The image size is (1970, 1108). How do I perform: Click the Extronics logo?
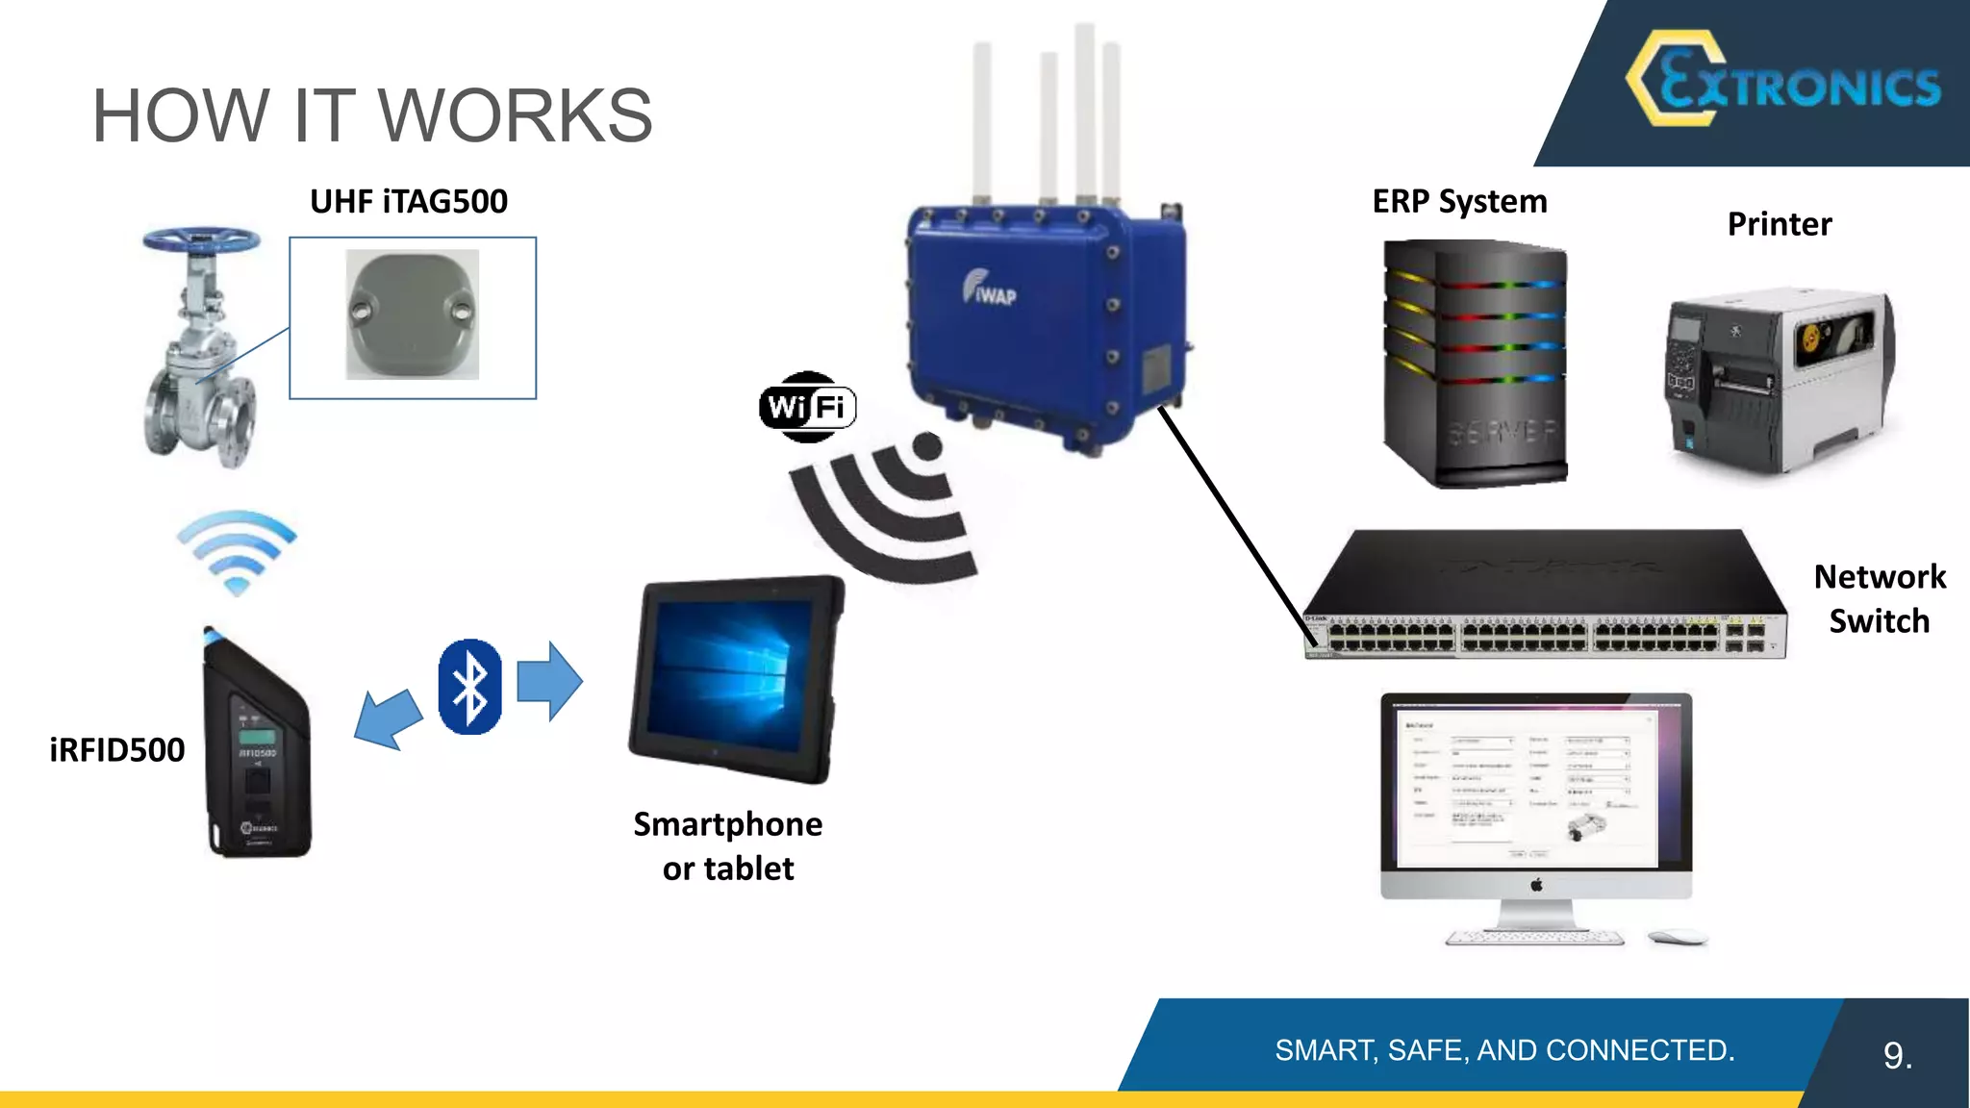[x=1785, y=81]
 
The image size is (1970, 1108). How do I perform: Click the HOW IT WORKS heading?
[x=372, y=115]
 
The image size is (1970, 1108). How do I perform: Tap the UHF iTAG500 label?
[x=408, y=201]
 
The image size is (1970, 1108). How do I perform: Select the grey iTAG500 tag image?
[x=412, y=315]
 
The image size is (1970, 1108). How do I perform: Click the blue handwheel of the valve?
[x=201, y=239]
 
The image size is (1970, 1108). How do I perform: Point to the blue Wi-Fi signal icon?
[x=236, y=551]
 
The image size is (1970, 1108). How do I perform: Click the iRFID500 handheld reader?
[x=257, y=750]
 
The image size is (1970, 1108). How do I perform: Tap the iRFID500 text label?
[x=116, y=749]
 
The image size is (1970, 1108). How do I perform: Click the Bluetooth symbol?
[x=469, y=687]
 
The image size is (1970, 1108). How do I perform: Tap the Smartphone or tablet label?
[x=728, y=845]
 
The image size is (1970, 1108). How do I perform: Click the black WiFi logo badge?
[x=808, y=407]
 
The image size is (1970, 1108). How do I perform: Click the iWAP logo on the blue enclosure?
[x=989, y=288]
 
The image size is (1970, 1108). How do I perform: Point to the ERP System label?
[x=1459, y=201]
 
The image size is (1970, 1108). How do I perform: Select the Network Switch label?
[x=1879, y=598]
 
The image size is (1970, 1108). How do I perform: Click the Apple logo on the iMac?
[x=1536, y=884]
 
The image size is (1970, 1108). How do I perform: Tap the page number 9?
[x=1896, y=1055]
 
